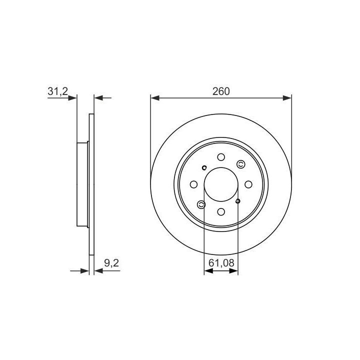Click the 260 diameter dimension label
point(221,91)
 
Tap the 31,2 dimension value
point(58,91)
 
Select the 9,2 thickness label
point(111,263)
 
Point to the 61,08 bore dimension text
point(221,263)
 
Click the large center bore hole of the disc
point(221,184)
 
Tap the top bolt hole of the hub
point(221,157)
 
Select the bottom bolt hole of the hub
point(221,211)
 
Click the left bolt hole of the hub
point(194,184)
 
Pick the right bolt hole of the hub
point(248,184)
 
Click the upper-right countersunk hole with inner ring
point(240,164)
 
